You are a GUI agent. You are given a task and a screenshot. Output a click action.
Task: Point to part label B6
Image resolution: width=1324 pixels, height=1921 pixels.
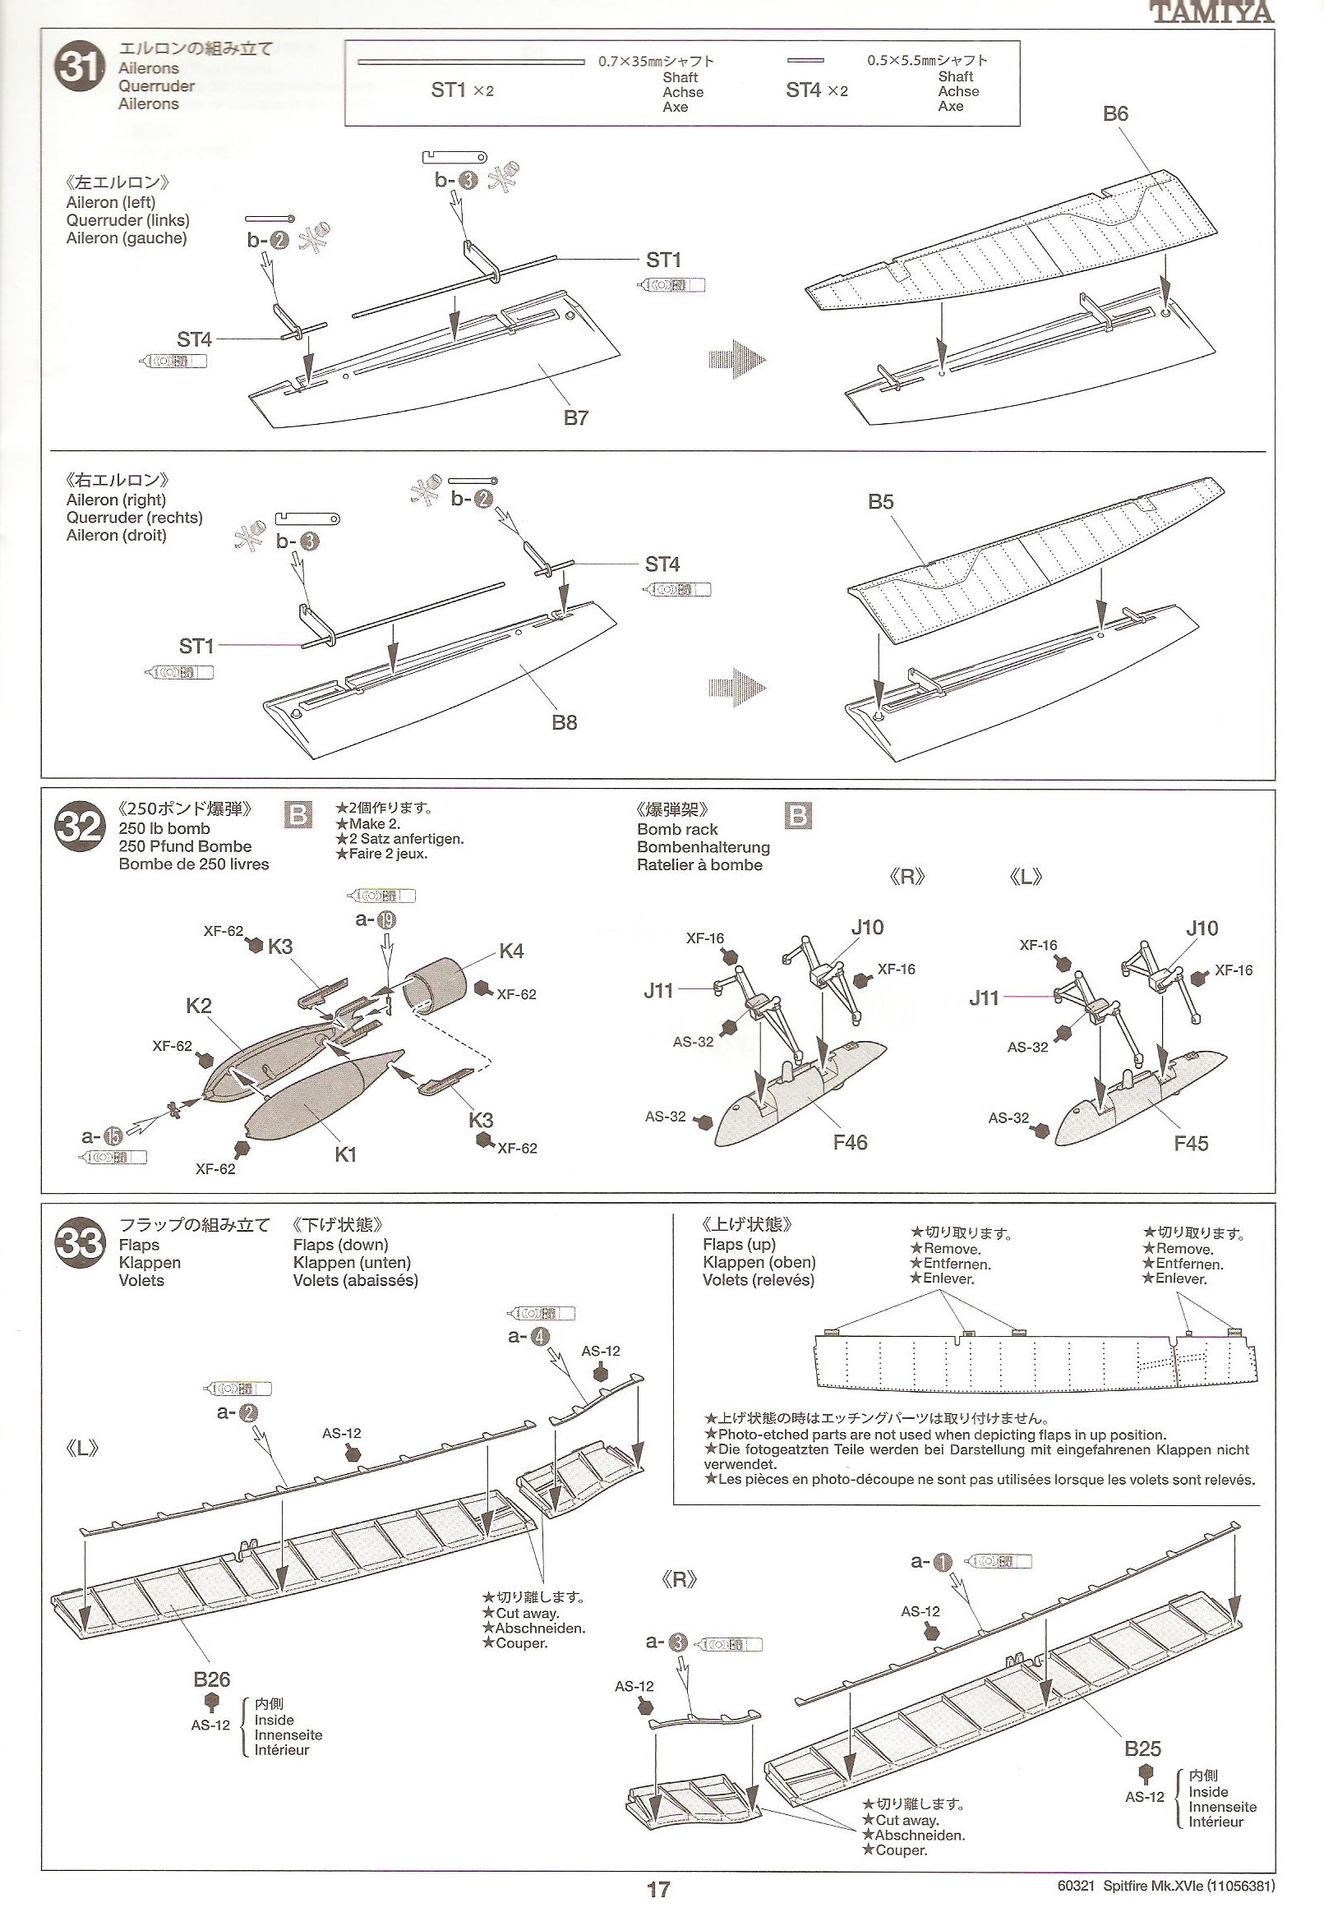click(x=1115, y=113)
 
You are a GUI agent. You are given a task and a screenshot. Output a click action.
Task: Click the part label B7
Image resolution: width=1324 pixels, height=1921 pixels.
click(x=576, y=417)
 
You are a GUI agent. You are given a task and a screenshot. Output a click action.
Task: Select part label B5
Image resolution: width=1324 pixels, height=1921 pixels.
click(x=880, y=502)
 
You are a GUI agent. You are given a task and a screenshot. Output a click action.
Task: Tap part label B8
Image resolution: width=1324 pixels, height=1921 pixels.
click(x=564, y=722)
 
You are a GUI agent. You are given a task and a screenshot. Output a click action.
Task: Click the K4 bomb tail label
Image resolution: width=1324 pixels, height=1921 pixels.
click(x=511, y=951)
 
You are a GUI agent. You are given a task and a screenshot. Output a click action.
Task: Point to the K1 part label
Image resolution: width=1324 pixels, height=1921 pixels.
click(x=345, y=1154)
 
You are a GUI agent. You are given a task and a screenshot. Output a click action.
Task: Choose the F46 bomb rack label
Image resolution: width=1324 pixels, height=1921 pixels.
click(x=851, y=1143)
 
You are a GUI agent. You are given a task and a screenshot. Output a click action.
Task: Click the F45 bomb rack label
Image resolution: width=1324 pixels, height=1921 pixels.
click(x=1190, y=1144)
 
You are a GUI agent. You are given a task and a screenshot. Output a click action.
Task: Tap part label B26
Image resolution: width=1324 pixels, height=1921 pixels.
click(x=211, y=1679)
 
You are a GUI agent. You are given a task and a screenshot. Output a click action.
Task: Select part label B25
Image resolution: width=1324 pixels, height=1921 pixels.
click(x=1142, y=1749)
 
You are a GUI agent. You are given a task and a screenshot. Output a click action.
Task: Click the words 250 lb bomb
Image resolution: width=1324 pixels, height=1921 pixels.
click(x=164, y=828)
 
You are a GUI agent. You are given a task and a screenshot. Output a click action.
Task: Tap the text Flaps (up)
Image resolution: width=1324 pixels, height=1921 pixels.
click(x=738, y=1244)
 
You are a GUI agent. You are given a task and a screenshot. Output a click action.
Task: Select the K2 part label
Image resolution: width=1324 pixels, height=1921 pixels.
click(x=199, y=1007)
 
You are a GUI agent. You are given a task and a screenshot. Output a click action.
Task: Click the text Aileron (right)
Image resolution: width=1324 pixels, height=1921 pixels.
click(x=116, y=500)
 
